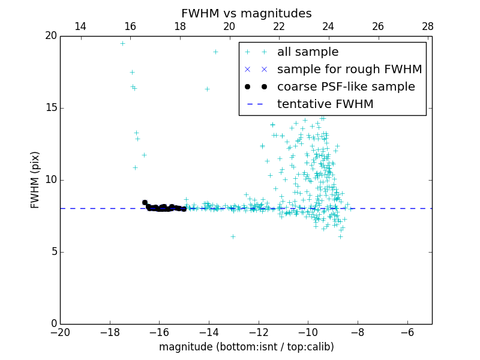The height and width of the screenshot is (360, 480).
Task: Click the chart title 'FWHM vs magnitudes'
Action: (x=246, y=13)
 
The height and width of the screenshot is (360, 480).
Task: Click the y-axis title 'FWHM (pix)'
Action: (x=35, y=179)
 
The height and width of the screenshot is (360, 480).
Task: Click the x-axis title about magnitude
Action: (x=246, y=347)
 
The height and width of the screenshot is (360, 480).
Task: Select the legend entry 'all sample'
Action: (x=308, y=52)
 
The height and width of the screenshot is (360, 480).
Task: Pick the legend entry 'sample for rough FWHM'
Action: (x=349, y=70)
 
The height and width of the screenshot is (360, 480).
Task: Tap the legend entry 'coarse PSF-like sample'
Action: (x=346, y=87)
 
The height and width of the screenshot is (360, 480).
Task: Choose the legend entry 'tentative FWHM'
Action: (x=325, y=104)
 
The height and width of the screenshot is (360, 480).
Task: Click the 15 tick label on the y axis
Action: (x=50, y=108)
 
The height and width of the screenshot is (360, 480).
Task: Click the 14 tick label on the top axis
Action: (x=80, y=26)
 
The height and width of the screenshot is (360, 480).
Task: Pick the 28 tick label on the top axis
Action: (x=428, y=26)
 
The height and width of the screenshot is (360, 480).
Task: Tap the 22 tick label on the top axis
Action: (x=279, y=26)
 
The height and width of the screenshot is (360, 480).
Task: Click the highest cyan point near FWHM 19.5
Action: (x=122, y=43)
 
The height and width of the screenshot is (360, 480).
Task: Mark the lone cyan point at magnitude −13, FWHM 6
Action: (x=233, y=236)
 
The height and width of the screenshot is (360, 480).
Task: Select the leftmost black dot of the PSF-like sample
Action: (x=145, y=203)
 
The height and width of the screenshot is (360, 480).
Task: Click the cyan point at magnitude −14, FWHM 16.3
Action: (x=207, y=89)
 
